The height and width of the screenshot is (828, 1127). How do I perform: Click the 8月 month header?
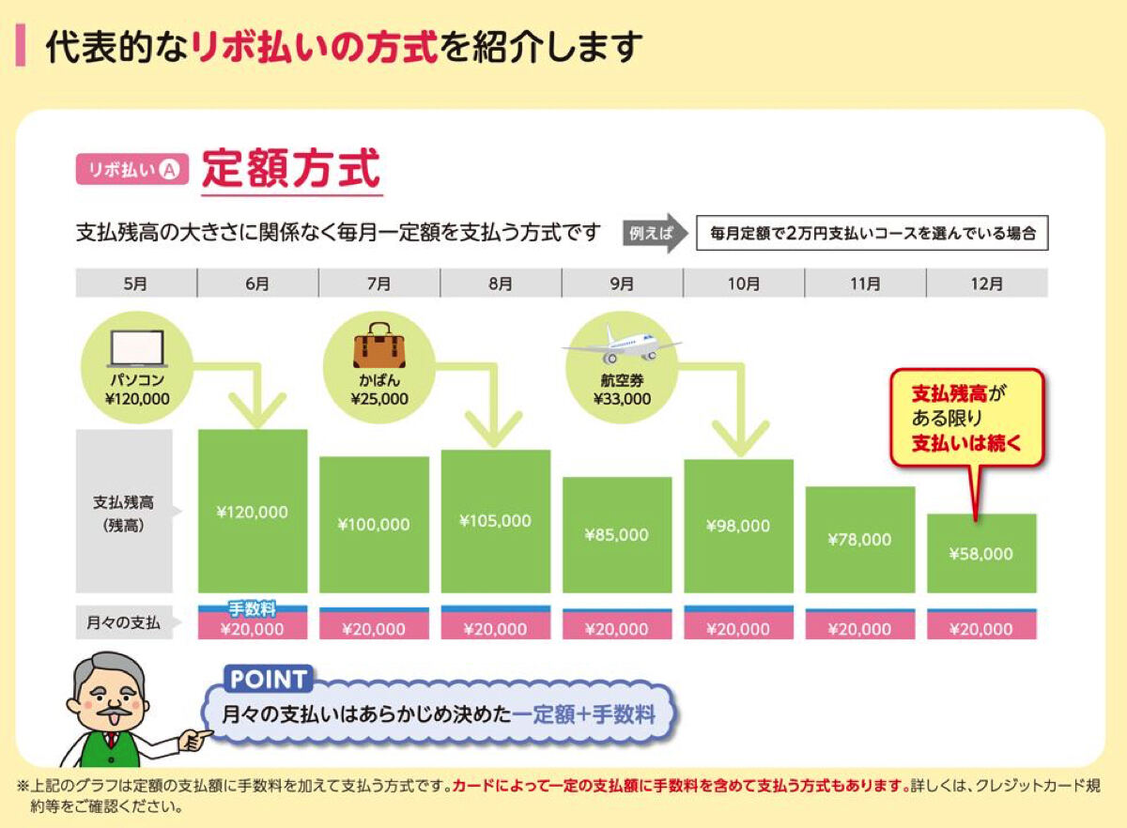[x=501, y=284]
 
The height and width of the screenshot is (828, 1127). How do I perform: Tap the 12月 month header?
[x=987, y=284]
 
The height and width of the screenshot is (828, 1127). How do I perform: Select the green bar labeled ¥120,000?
[x=253, y=511]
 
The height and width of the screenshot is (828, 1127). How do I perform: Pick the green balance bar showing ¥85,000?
[x=617, y=535]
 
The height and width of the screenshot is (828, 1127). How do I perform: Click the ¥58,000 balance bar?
[x=981, y=553]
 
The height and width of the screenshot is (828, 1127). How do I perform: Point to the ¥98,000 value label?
[x=738, y=526]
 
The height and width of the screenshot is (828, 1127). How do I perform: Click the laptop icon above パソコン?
[x=137, y=348]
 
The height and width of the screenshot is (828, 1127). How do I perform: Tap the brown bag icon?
[x=379, y=345]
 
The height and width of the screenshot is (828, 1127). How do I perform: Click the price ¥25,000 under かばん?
[x=379, y=399]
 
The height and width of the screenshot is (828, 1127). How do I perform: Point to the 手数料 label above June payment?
[x=252, y=609]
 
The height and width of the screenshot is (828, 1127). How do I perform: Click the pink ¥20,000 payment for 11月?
[x=860, y=628]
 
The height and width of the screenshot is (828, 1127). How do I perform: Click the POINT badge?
[x=268, y=679]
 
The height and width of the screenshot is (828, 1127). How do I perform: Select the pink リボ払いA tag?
[x=132, y=170]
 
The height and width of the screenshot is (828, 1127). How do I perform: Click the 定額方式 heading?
[x=291, y=169]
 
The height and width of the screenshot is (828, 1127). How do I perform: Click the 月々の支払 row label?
[x=123, y=622]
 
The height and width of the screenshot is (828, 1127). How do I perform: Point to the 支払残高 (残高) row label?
[x=123, y=514]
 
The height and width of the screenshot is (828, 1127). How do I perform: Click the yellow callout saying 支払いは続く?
[x=967, y=419]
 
